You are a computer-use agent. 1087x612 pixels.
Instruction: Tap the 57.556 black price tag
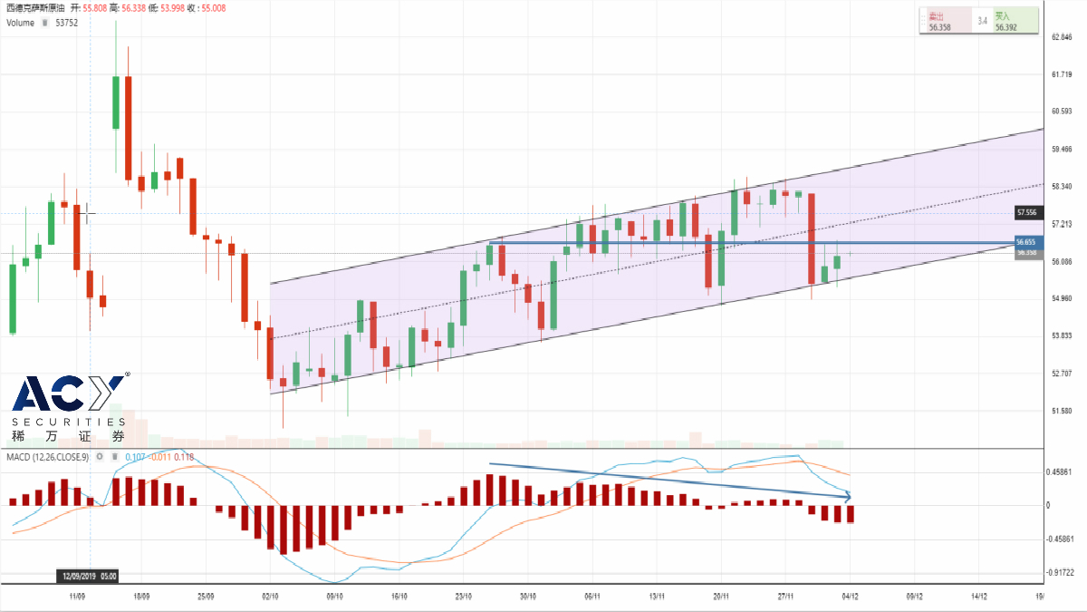1026,213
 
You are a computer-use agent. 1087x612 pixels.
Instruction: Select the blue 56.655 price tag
1026,243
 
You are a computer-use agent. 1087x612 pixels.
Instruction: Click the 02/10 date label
270,597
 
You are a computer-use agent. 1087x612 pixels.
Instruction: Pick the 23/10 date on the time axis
463,597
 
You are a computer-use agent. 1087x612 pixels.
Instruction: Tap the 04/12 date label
850,597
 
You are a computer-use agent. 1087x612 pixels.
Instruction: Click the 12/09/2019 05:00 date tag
88,576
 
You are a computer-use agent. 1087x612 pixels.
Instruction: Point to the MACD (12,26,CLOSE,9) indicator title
48,457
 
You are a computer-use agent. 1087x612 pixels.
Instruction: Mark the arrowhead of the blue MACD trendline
848,496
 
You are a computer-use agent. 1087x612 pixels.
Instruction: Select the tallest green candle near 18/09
116,102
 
